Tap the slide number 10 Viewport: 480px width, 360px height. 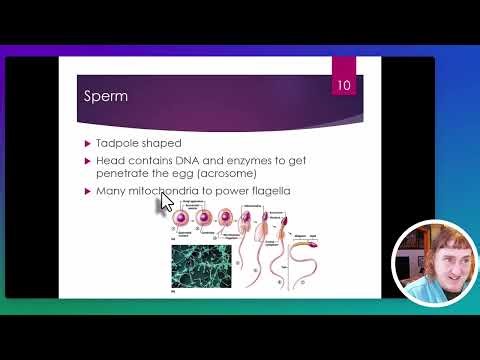(x=343, y=86)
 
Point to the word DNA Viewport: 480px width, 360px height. (x=193, y=160)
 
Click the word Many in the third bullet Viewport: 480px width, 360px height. (x=111, y=191)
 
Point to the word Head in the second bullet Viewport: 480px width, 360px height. (x=110, y=160)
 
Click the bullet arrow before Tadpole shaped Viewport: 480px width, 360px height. (x=87, y=144)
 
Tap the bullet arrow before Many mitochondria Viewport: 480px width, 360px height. (x=87, y=191)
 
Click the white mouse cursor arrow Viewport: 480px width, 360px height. (x=165, y=205)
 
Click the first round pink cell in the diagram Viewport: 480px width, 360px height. (x=183, y=218)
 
